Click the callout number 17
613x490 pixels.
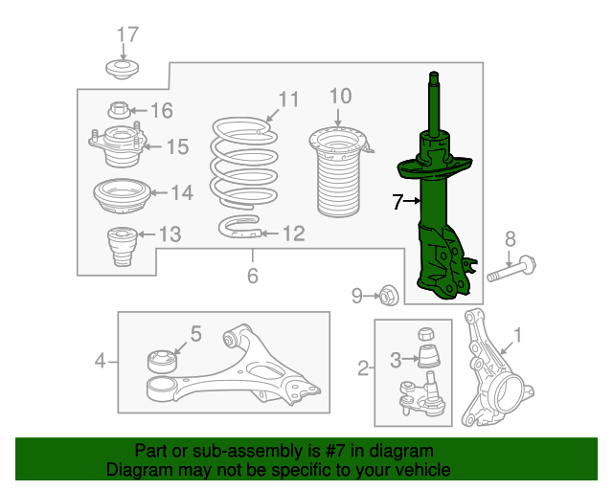pyautogui.click(x=127, y=34)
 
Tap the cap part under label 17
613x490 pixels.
pyautogui.click(x=123, y=69)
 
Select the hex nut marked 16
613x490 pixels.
pyautogui.click(x=119, y=110)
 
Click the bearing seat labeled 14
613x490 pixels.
pyautogui.click(x=123, y=196)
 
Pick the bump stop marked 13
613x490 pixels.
pyautogui.click(x=122, y=246)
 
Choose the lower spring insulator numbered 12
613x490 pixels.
pyautogui.click(x=239, y=227)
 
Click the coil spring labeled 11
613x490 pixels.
pyautogui.click(x=244, y=163)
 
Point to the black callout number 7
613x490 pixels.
pyautogui.click(x=397, y=202)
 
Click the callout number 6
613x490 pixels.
pyautogui.click(x=253, y=276)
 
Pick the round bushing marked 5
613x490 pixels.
pyautogui.click(x=162, y=361)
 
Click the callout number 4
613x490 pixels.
pyautogui.click(x=100, y=361)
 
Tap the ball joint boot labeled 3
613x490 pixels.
pyautogui.click(x=429, y=356)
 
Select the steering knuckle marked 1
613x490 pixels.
pyautogui.click(x=494, y=369)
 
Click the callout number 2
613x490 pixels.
pyautogui.click(x=363, y=368)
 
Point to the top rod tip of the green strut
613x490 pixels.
pyautogui.click(x=434, y=73)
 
